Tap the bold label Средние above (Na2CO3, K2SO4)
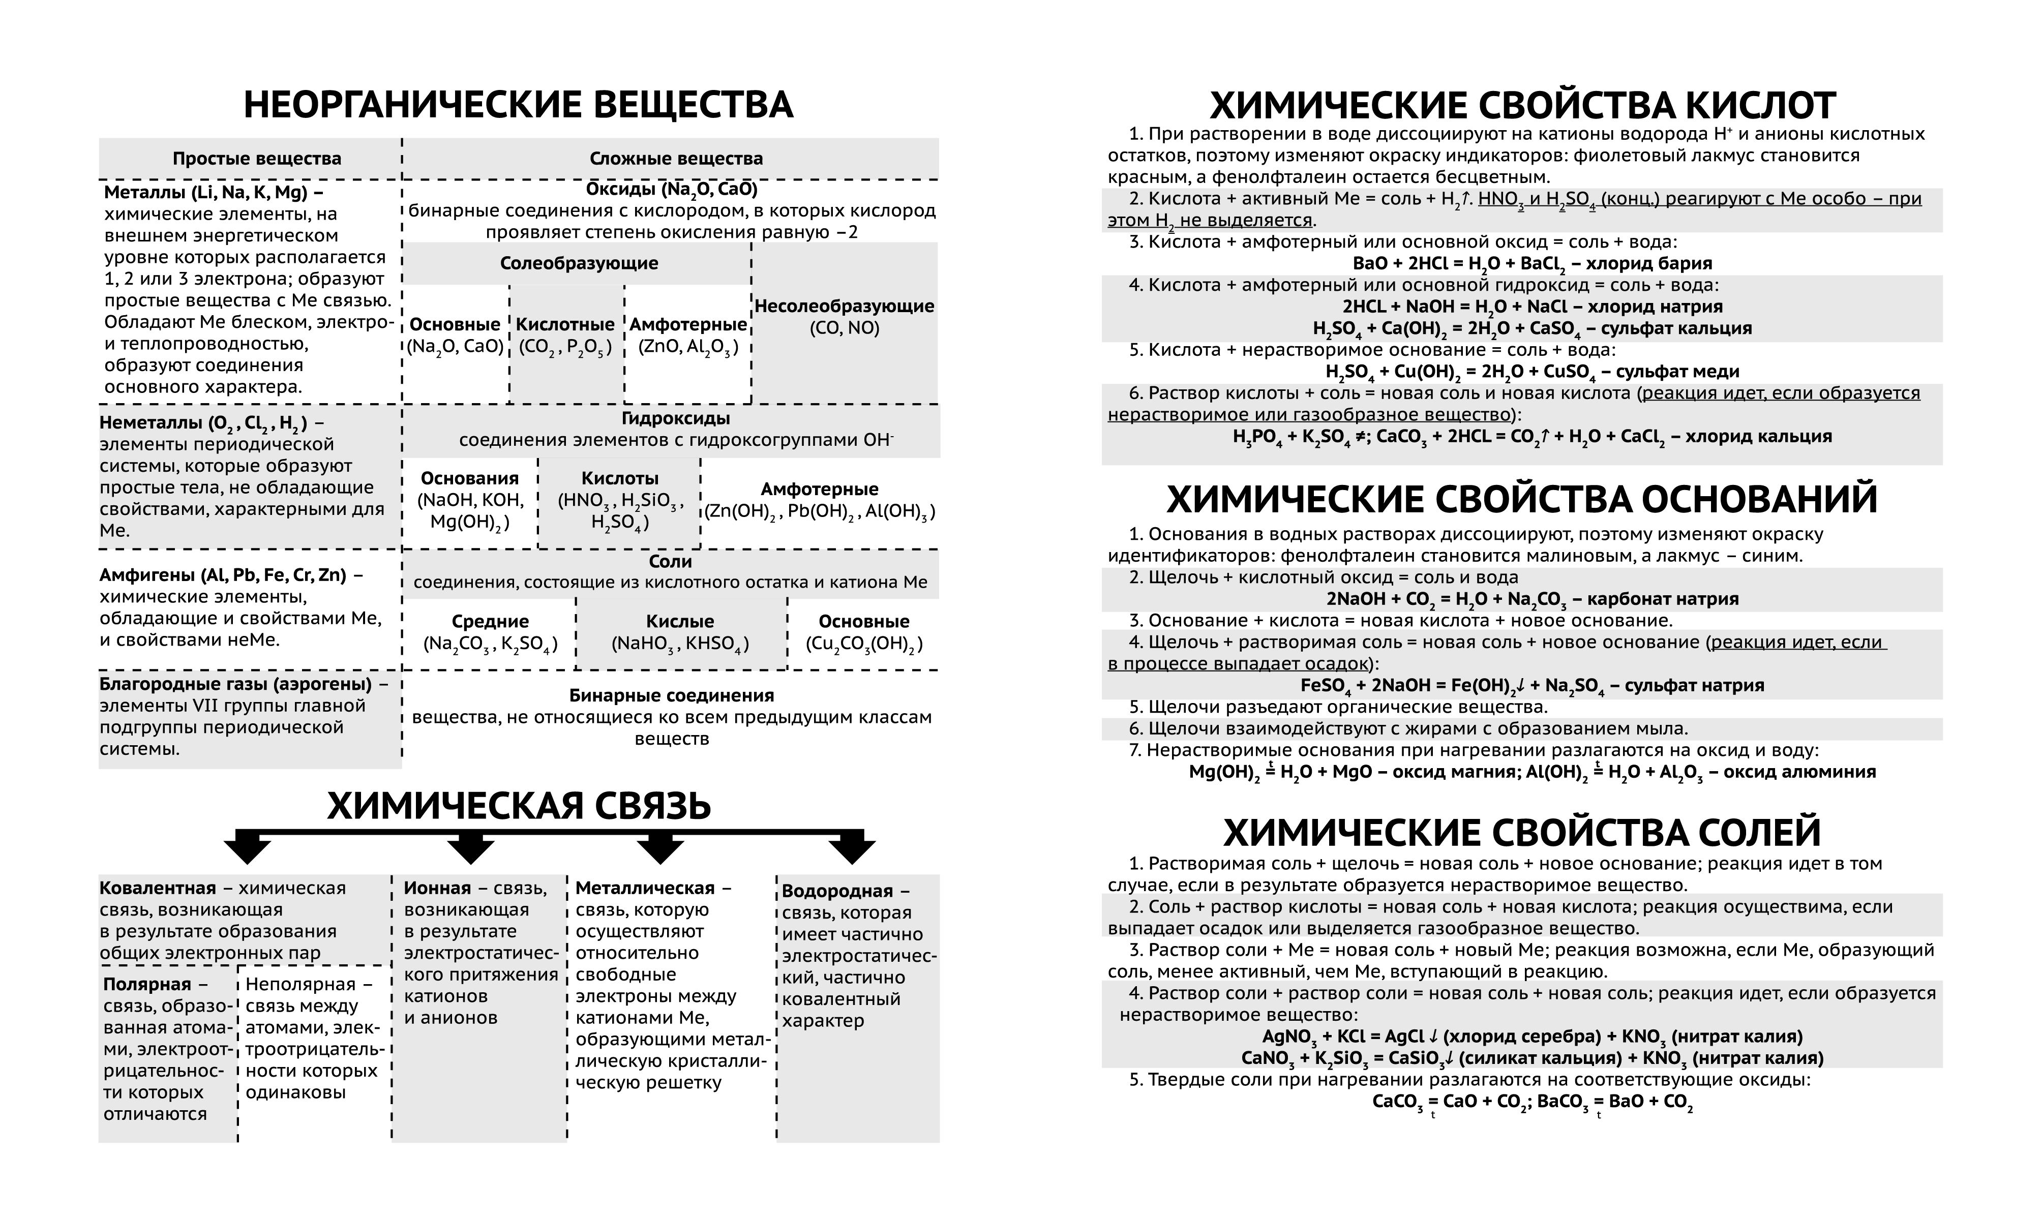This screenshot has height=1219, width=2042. (490, 622)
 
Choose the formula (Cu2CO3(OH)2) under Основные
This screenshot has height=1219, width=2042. (863, 644)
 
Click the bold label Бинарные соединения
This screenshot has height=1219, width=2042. (671, 696)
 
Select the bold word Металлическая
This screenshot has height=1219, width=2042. (644, 888)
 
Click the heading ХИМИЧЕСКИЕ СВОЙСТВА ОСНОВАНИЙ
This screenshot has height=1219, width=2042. (1521, 499)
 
